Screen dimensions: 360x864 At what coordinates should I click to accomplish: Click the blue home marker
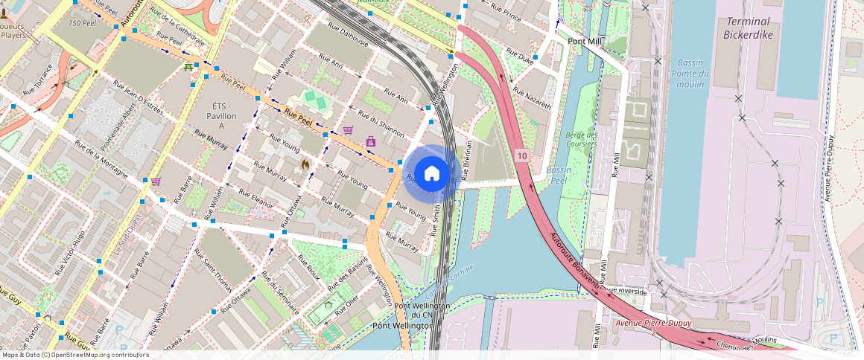point(431,174)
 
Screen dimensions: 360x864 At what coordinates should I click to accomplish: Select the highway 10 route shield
point(521,156)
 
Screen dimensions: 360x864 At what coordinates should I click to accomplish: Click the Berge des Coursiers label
point(582,139)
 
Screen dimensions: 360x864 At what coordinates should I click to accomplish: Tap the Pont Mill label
point(585,42)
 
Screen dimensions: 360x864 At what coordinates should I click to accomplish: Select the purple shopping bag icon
point(370,141)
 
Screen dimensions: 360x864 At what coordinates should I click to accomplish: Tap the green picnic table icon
point(188,68)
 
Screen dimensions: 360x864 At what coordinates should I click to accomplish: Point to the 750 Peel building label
point(83,23)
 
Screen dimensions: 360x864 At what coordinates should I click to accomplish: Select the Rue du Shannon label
point(381,123)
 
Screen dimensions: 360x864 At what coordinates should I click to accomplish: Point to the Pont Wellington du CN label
point(422,310)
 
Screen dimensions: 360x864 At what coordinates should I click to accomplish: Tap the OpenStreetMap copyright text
point(74,355)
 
